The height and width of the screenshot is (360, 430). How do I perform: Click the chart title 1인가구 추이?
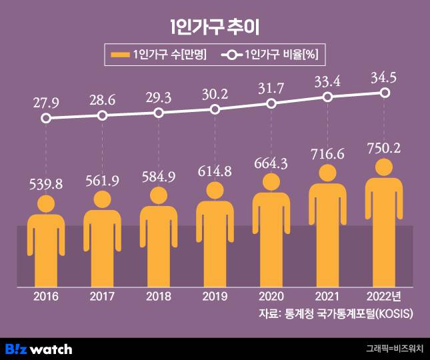coord(215,27)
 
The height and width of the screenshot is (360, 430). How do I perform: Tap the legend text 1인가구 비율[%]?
coord(284,55)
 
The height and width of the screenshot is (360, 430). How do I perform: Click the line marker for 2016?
coord(45,119)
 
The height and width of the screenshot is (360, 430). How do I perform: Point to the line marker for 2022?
coord(385,93)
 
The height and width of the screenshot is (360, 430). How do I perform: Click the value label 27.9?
coord(45,103)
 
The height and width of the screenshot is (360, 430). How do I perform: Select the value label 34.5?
coord(385,77)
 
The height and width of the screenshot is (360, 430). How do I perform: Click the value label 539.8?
coord(45,184)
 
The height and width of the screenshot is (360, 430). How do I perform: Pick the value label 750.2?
coord(385,148)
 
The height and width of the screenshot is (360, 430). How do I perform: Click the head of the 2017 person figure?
coord(102,199)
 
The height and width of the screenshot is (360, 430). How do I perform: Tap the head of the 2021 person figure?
coord(328,173)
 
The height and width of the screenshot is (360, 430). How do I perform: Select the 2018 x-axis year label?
coord(158,296)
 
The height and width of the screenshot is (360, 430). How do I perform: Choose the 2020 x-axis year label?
coord(271,296)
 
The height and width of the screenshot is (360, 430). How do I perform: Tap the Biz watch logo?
coord(38,349)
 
